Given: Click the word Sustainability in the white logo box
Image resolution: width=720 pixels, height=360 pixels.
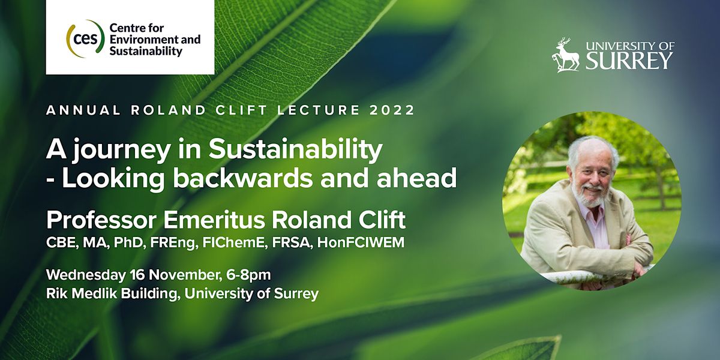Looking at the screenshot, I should (x=145, y=52).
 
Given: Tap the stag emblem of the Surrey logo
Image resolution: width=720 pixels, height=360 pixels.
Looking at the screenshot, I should (x=566, y=55).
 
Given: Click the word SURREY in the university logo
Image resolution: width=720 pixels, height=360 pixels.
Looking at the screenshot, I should (x=629, y=61).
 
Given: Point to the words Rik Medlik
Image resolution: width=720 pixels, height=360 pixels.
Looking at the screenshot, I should (x=82, y=294).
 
